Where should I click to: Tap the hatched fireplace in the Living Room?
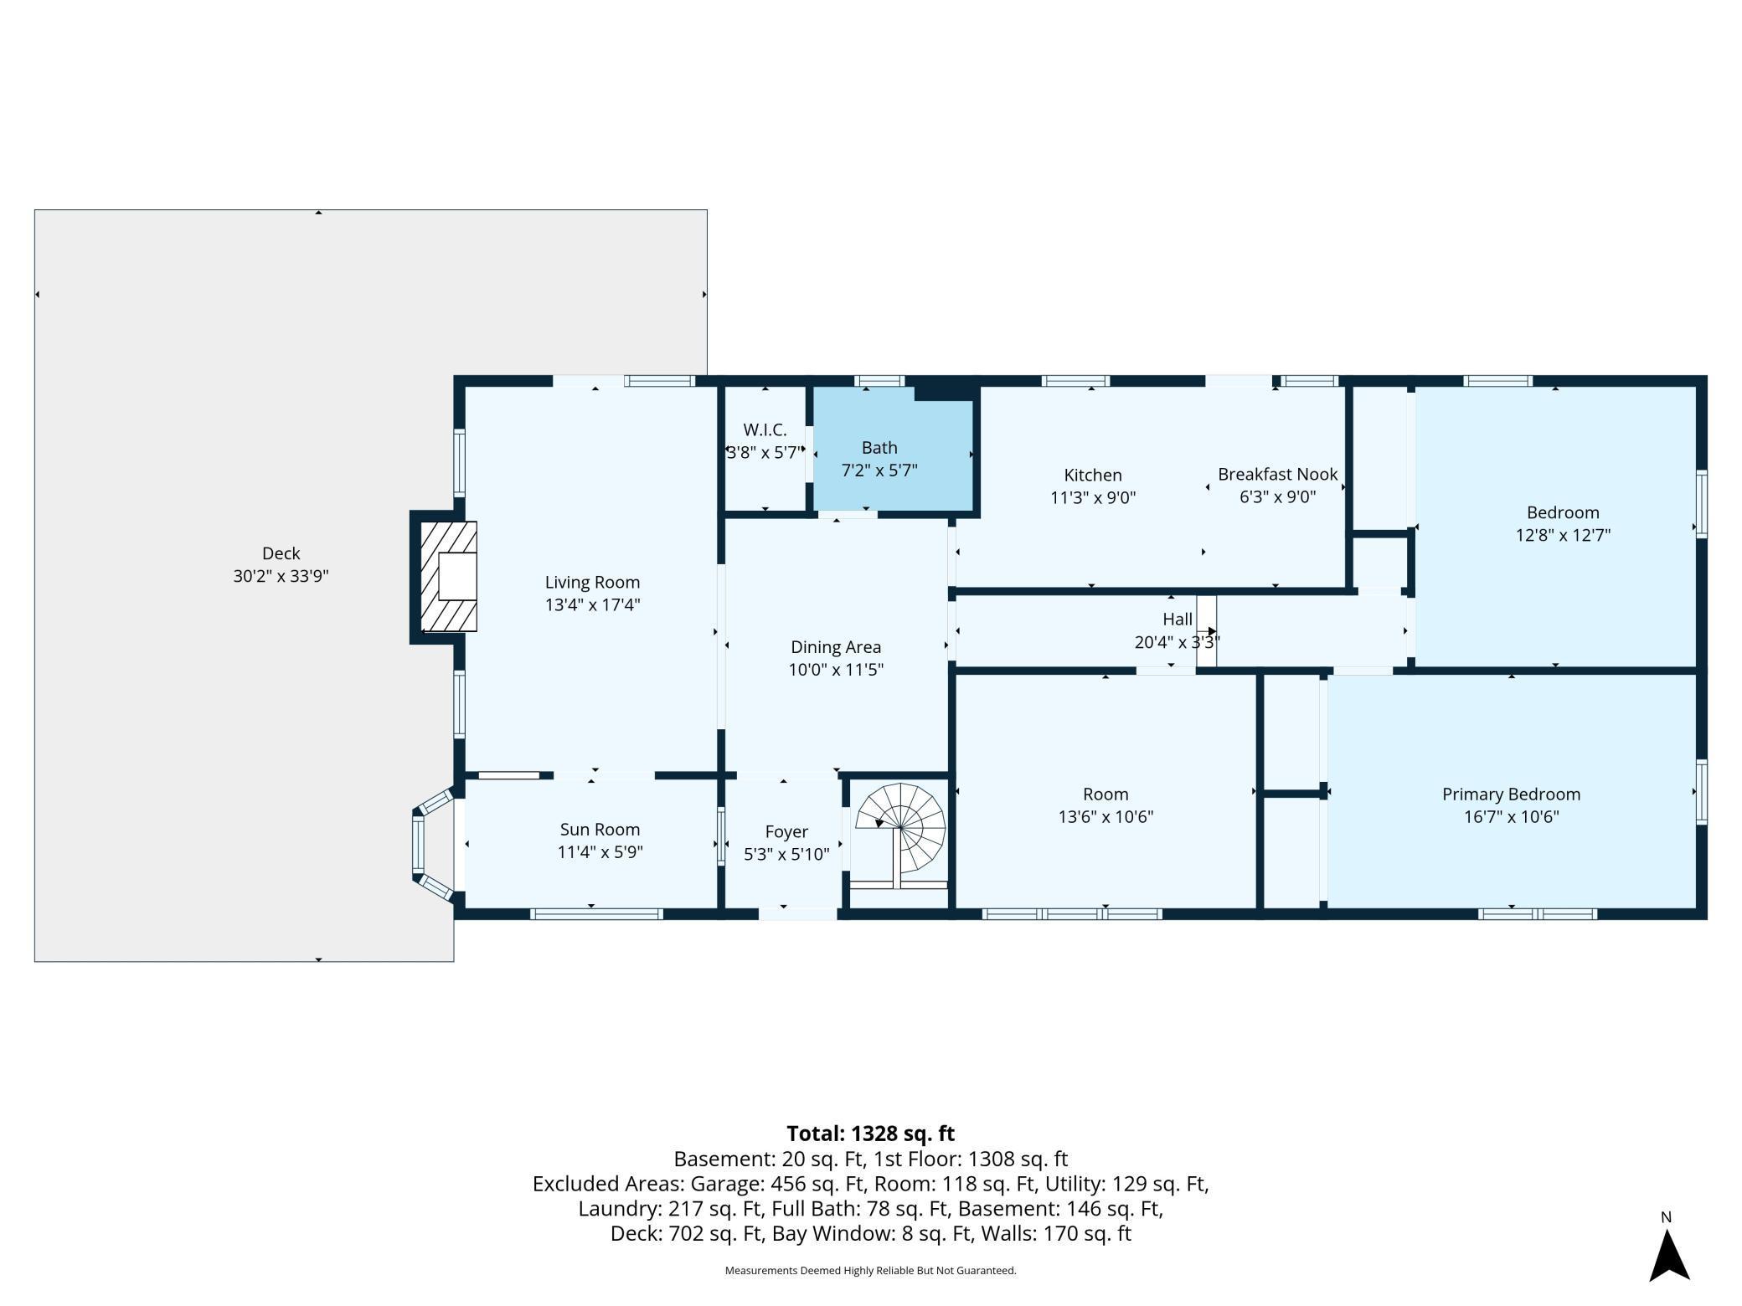[x=448, y=577]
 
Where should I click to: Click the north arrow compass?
[x=1668, y=1254]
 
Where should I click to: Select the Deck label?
[x=281, y=553]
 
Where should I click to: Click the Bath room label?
[x=879, y=448]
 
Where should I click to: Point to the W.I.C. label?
[x=765, y=430]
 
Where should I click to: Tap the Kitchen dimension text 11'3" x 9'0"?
[x=1093, y=498]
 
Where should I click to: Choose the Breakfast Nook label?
[x=1277, y=475]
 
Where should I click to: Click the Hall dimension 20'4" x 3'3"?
[x=1177, y=642]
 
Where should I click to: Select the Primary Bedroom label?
[x=1511, y=794]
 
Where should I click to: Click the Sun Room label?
[x=600, y=830]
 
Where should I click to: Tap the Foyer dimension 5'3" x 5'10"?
[x=786, y=854]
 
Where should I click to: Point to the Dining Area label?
[x=836, y=647]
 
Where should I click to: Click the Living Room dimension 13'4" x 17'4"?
[x=592, y=604]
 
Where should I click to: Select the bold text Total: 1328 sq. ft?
[x=870, y=1134]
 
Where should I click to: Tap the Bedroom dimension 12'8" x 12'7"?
[x=1563, y=535]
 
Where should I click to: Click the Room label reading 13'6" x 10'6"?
[x=1105, y=817]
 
